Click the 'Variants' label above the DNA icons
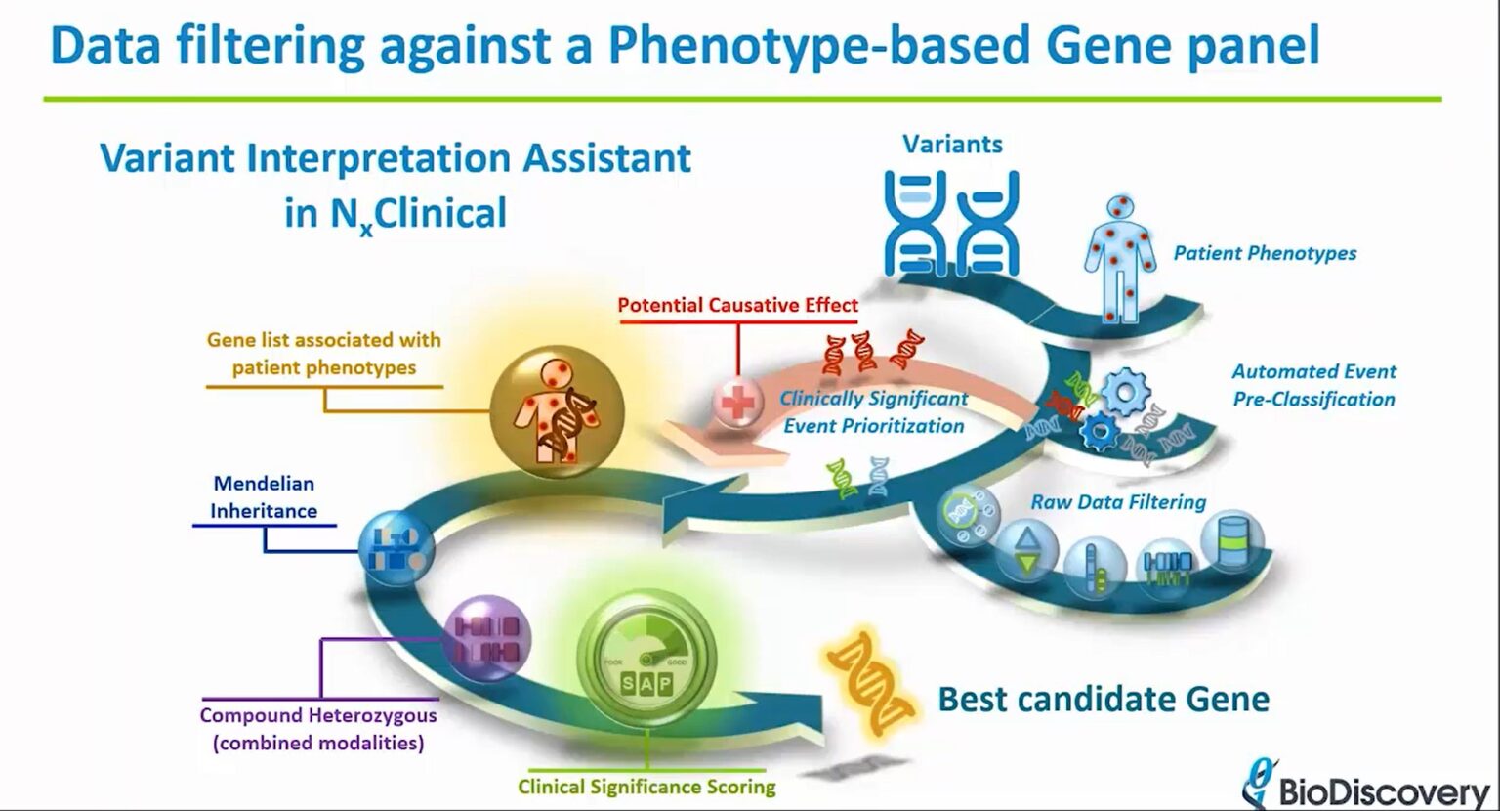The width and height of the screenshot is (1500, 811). coord(952,145)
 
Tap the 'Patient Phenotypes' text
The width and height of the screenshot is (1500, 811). coord(1265,253)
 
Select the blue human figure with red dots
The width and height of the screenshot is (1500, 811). coord(1119,259)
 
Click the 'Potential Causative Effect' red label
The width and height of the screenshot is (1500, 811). coord(737,305)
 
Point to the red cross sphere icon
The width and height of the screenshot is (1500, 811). coord(738,401)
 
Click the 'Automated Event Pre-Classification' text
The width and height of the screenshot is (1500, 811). coord(1313,385)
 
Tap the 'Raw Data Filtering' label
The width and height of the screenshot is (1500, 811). coord(1118,502)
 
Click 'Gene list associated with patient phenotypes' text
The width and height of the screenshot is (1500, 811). coord(323,354)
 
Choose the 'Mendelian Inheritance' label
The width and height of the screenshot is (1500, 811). coord(264,496)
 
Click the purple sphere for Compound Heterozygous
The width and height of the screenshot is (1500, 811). coord(486,639)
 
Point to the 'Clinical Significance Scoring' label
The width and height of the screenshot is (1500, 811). coord(646,787)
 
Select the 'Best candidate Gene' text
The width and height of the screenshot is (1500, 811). coord(1104,700)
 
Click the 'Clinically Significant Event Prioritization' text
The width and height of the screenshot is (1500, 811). coord(873,412)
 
